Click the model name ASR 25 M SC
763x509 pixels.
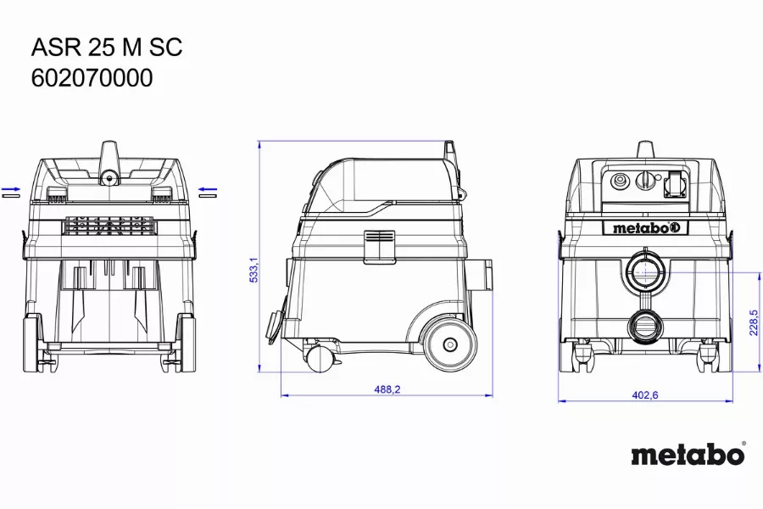(107, 48)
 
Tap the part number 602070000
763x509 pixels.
(92, 78)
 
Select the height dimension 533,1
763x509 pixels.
(253, 271)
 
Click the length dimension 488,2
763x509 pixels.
(387, 389)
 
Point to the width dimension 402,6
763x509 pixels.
(645, 395)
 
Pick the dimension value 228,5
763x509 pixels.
(754, 322)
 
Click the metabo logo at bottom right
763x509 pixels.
(688, 454)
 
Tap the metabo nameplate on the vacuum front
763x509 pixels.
(645, 227)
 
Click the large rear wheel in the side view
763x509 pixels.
(450, 345)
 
